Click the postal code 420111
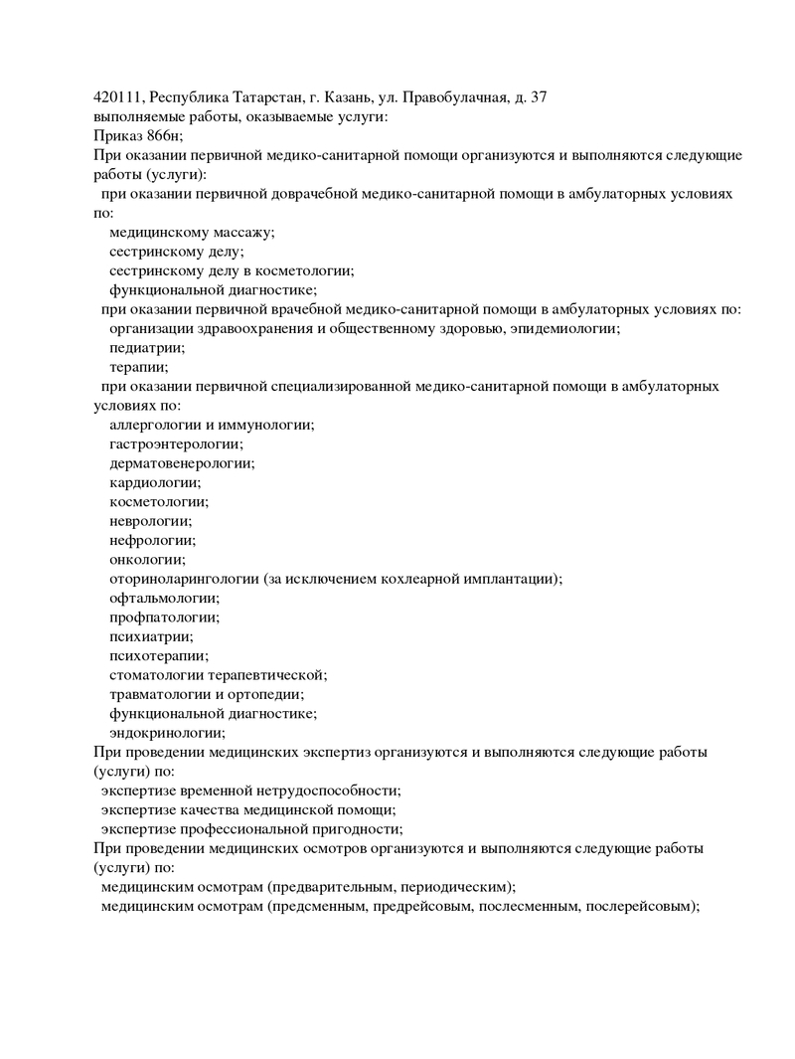coord(116,97)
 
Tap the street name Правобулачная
coord(455,97)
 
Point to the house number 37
coord(539,97)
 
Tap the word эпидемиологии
coord(564,329)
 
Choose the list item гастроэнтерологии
coord(175,444)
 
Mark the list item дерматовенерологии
coord(181,463)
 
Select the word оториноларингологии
coord(184,580)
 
